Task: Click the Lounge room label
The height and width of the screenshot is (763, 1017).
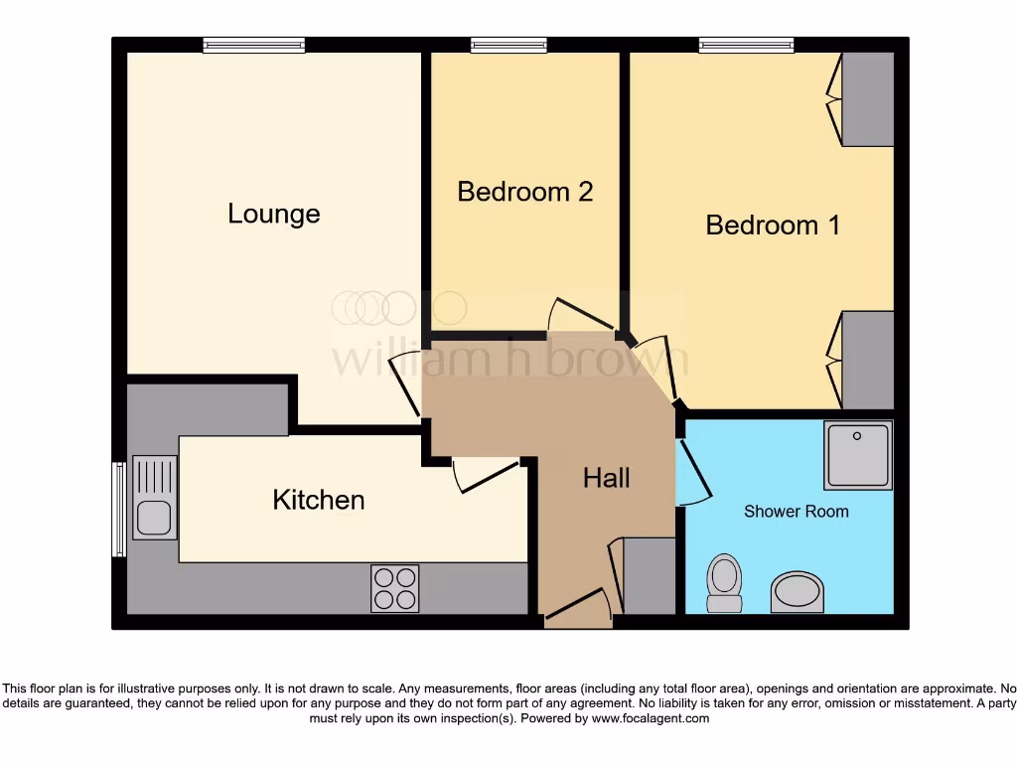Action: click(x=274, y=214)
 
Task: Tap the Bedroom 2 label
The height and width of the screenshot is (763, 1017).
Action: click(x=524, y=192)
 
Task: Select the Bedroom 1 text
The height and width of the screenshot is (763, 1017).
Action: click(x=773, y=225)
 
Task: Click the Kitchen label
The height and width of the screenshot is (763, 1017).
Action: click(x=319, y=500)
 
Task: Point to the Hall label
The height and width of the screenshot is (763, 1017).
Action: click(x=606, y=479)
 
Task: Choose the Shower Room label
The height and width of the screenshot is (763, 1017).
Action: click(x=797, y=512)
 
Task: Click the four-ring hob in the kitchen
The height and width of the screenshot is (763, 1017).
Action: click(x=394, y=587)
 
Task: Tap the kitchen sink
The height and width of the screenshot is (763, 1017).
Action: click(x=154, y=497)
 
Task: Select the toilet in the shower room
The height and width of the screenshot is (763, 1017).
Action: click(x=724, y=582)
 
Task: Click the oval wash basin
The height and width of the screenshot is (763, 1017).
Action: click(x=798, y=592)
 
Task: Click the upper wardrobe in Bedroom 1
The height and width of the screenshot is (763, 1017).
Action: click(x=867, y=98)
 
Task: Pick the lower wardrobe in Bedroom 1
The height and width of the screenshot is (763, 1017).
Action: click(x=867, y=360)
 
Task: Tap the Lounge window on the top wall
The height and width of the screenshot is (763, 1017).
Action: click(x=253, y=45)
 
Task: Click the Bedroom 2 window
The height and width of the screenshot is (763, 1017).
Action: click(x=508, y=45)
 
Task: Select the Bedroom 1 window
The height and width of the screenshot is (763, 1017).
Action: click(x=746, y=45)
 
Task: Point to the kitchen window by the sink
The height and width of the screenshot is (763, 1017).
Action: click(x=119, y=509)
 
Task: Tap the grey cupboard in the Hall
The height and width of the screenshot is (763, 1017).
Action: click(x=649, y=576)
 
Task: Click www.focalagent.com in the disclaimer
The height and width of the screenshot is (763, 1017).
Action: click(x=650, y=718)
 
